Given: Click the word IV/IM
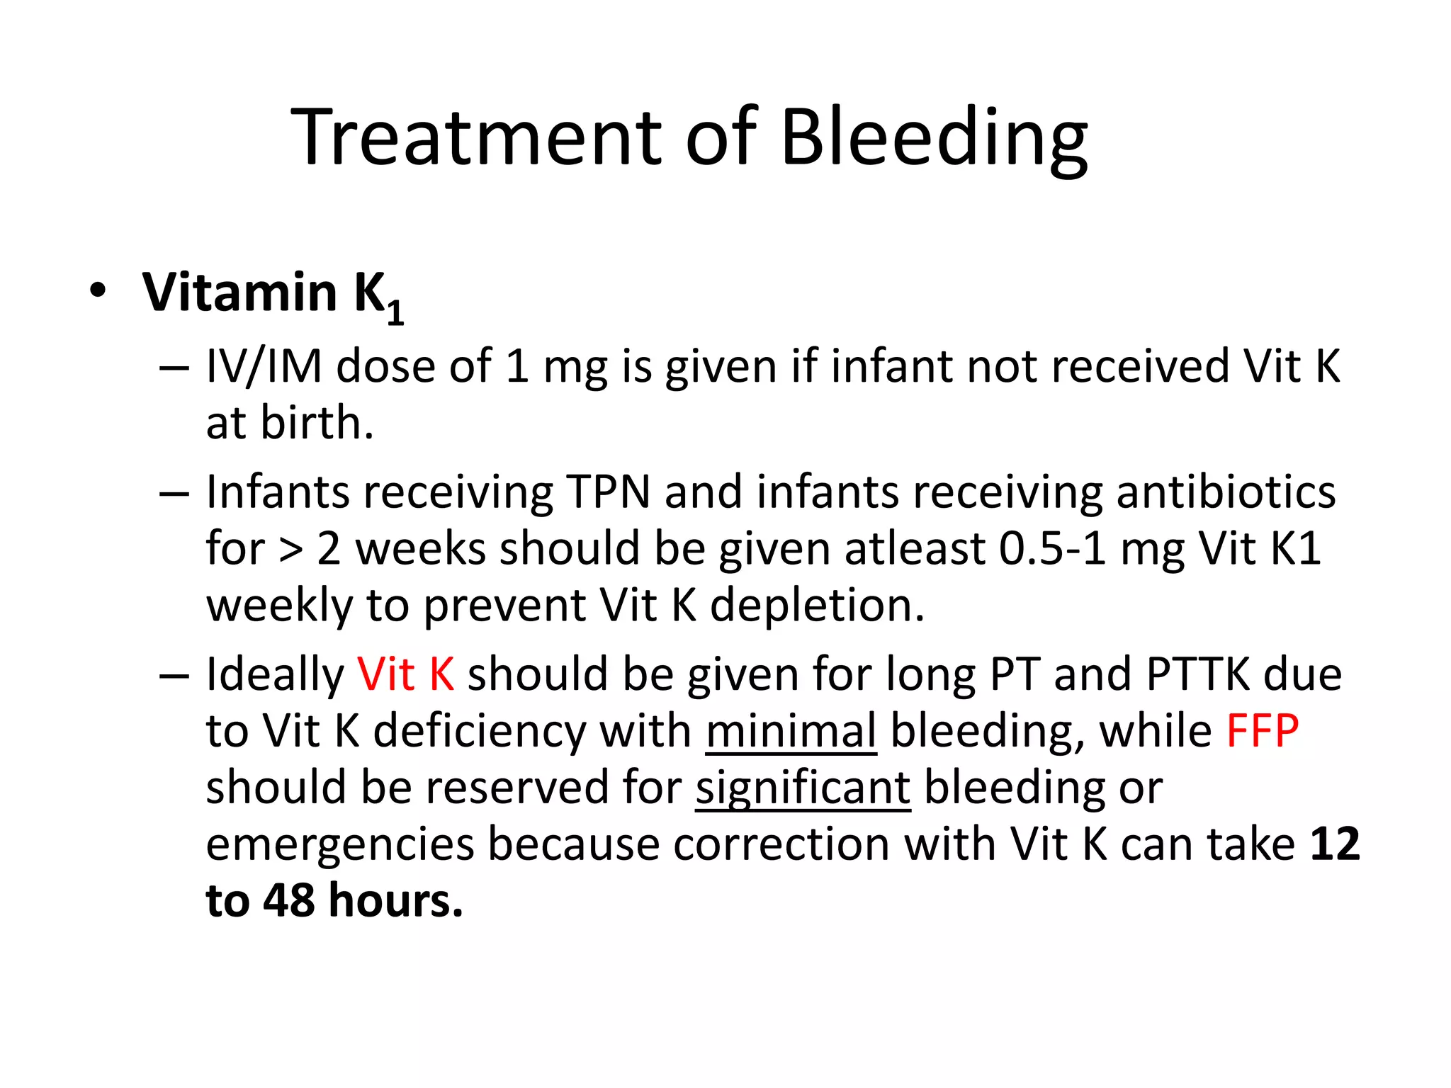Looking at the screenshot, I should pos(264,367).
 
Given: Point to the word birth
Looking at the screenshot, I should pos(317,423).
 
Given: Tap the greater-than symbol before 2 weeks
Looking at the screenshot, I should pos(290,550).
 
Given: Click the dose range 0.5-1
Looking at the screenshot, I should pos(1053,549).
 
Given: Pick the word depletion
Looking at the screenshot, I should pos(817,606).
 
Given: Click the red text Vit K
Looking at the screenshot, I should pos(405,674).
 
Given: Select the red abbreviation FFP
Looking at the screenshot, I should pos(1263,730).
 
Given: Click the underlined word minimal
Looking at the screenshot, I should pos(791,730).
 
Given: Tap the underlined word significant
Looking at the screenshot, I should pos(803,788).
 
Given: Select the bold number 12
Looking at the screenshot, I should pos(1335,844).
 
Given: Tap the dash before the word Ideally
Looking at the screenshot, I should pos(174,675).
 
